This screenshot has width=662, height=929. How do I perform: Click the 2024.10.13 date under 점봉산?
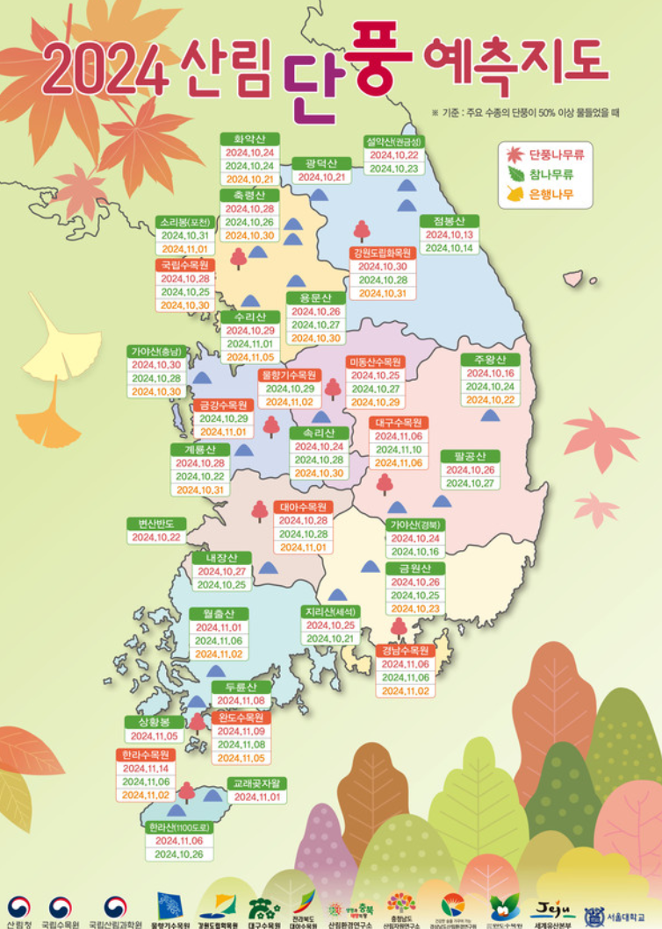pyautogui.click(x=450, y=235)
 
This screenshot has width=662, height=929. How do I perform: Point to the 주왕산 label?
pyautogui.click(x=490, y=360)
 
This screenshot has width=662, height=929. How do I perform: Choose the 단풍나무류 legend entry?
pyautogui.click(x=556, y=154)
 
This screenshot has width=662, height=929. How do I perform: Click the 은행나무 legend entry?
pyautogui.click(x=550, y=195)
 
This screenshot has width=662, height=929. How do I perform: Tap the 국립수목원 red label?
pyautogui.click(x=185, y=265)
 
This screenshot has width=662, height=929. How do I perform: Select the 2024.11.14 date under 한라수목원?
pyautogui.click(x=146, y=768)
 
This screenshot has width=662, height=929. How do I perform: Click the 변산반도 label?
pyautogui.click(x=156, y=524)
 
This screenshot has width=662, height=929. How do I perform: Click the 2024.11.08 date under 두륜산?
pyautogui.click(x=241, y=701)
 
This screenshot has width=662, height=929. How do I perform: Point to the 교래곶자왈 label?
pyautogui.click(x=256, y=783)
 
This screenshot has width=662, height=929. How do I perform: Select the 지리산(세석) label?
pyautogui.click(x=331, y=611)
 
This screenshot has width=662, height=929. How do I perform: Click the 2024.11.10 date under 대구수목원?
pyautogui.click(x=399, y=449)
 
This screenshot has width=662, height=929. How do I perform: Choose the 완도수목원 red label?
pyautogui.click(x=241, y=717)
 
